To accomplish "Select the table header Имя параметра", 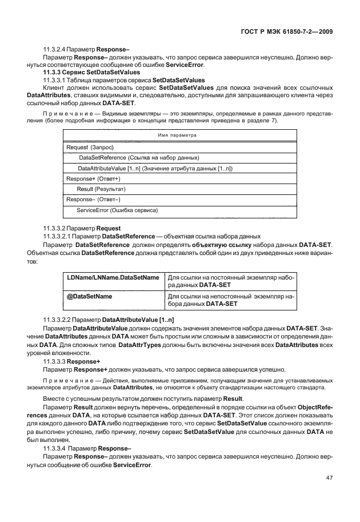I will [x=177, y=135].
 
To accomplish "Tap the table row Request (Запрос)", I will [x=90, y=147].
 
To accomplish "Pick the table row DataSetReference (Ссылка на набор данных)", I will [x=139, y=157].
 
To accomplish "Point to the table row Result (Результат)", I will [x=101, y=189].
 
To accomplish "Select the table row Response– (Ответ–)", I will [x=91, y=199].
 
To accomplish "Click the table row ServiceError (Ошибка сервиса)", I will [x=117, y=210].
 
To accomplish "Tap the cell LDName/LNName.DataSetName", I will [x=113, y=277].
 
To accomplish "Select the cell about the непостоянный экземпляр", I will [x=231, y=300].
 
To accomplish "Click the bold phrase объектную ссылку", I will [x=215, y=245].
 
